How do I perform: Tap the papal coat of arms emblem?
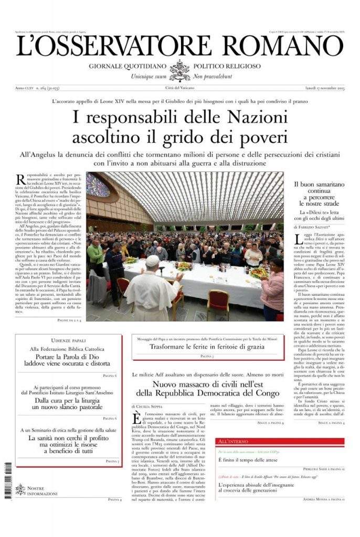point(180,70)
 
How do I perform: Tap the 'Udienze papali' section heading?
point(68,341)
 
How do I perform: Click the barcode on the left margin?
point(8,476)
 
